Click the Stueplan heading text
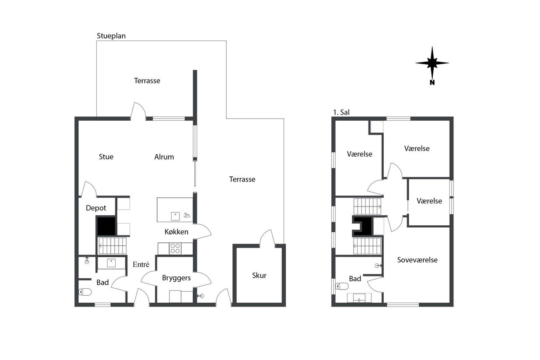(111, 36)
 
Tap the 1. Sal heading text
(341, 112)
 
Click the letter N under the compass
(432, 82)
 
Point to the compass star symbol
(432, 63)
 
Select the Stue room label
(106, 157)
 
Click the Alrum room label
(164, 157)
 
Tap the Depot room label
(96, 208)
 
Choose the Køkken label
(176, 232)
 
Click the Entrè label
(141, 264)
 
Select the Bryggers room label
(176, 278)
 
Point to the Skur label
(259, 276)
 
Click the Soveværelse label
(417, 260)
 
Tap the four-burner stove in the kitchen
(175, 248)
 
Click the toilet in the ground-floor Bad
(85, 292)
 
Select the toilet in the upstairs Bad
(342, 286)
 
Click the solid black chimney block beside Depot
(106, 226)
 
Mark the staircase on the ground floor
(112, 246)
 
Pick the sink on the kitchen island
(175, 216)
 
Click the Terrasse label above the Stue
(147, 81)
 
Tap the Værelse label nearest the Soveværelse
(429, 201)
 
